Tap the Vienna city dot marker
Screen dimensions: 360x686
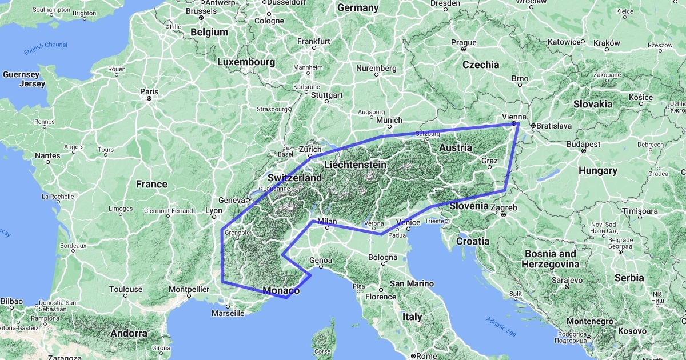point(514,123)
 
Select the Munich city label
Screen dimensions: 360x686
point(390,121)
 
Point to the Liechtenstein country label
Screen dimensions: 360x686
point(355,165)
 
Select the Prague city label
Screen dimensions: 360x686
point(464,42)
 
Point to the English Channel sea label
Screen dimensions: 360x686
point(46,49)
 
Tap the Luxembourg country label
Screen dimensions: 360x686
point(246,61)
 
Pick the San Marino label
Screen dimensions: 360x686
point(412,283)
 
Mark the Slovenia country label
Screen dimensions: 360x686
point(469,206)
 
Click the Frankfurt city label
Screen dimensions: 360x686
point(314,41)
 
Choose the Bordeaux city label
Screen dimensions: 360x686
point(72,246)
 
